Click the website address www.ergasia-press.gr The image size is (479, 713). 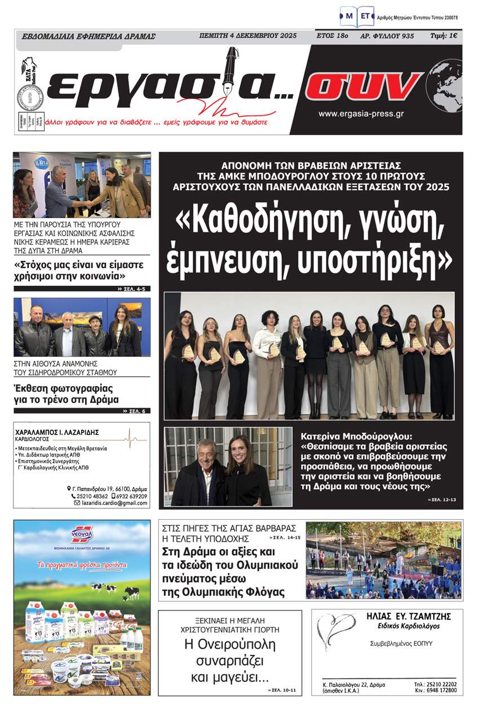(x=361, y=114)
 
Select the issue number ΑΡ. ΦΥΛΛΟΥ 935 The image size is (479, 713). (x=387, y=36)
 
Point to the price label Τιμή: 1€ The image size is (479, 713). (x=444, y=36)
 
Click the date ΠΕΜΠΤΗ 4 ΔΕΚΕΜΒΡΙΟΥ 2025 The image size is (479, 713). (x=248, y=36)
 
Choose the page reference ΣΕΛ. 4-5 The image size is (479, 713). (x=134, y=289)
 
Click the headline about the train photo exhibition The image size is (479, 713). (x=66, y=394)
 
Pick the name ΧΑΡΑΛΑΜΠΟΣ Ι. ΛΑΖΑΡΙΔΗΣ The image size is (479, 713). (x=57, y=432)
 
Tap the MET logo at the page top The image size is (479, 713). (x=357, y=16)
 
